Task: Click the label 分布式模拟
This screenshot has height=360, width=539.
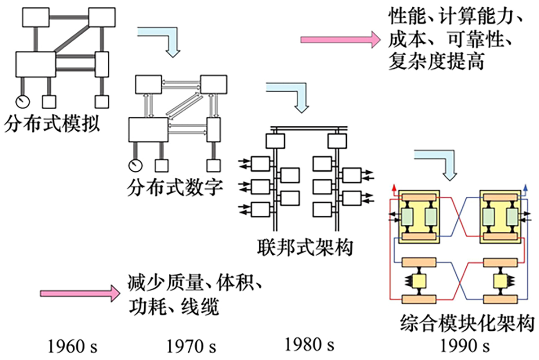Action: pyautogui.click(x=52, y=124)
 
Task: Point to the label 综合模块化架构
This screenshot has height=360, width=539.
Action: pyautogui.click(x=467, y=322)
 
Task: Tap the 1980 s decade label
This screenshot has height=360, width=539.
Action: pyautogui.click(x=309, y=345)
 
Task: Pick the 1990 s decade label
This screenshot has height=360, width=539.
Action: pyautogui.click(x=464, y=347)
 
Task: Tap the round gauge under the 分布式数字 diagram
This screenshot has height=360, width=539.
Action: pyautogui.click(x=134, y=165)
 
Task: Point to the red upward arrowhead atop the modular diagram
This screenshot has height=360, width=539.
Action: pyautogui.click(x=394, y=187)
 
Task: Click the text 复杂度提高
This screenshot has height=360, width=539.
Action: pyautogui.click(x=436, y=62)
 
